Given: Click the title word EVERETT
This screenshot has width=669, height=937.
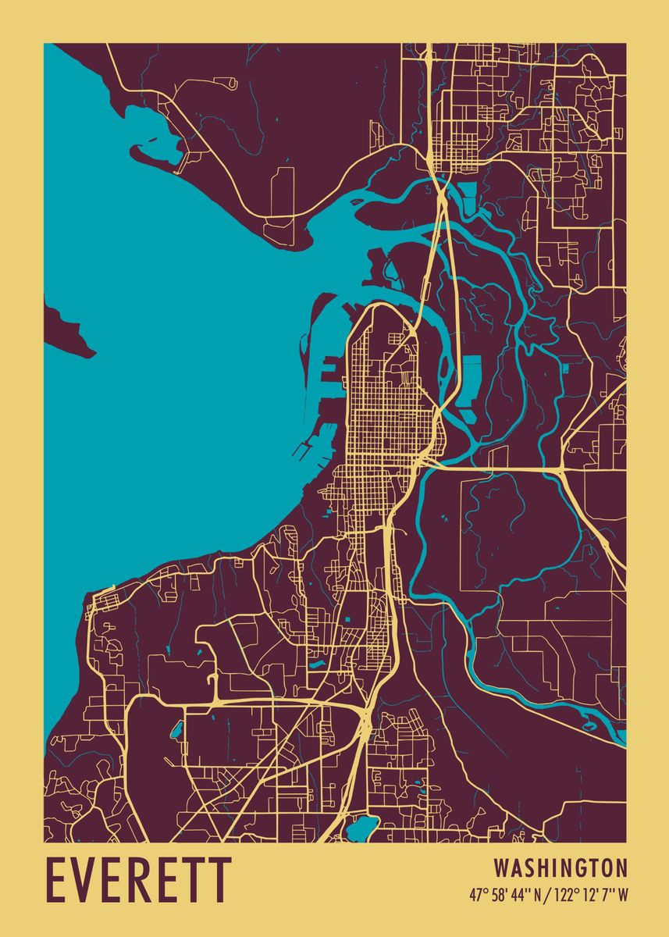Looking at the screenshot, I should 139,881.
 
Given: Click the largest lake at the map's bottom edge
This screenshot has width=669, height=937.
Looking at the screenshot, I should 362,828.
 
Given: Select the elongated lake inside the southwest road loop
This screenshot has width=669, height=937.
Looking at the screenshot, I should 176,731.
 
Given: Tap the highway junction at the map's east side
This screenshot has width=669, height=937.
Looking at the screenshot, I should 563,468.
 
